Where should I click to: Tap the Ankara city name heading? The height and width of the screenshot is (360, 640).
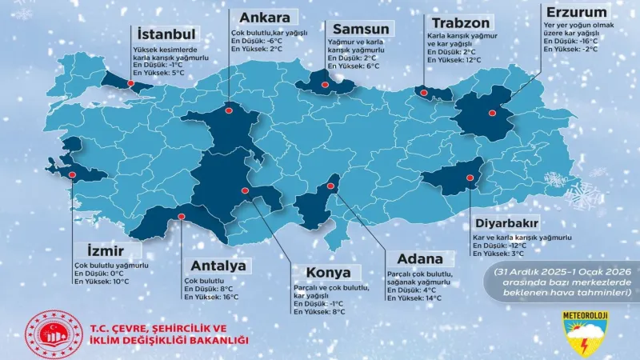click(260, 18)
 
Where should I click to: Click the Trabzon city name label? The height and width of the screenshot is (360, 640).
click(462, 23)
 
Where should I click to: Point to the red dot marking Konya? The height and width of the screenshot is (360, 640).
click(245, 190)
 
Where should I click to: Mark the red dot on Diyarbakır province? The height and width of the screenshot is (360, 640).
click(470, 178)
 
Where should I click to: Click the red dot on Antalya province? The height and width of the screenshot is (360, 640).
click(181, 216)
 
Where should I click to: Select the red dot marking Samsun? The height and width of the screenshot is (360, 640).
click(325, 85)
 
